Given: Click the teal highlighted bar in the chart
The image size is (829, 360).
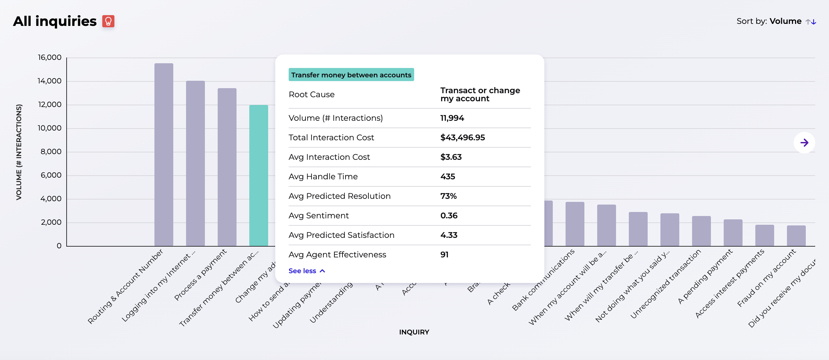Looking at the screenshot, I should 258,175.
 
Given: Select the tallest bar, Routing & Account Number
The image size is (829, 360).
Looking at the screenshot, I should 164,155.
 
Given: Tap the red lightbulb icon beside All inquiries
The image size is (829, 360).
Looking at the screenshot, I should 108,21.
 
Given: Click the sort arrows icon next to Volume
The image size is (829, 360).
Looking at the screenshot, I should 811,22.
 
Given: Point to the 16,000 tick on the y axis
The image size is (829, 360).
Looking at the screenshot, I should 49,58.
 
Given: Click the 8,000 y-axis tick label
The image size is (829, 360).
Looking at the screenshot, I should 51,152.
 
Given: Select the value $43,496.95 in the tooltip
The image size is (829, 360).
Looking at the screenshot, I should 462,138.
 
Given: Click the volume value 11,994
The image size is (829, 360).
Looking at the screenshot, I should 452,118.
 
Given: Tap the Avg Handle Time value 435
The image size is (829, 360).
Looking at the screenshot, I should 447,177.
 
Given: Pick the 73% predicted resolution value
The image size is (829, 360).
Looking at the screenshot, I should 448,196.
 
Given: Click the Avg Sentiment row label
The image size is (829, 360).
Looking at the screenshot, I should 318,216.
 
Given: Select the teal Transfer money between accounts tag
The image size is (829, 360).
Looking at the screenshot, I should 351,75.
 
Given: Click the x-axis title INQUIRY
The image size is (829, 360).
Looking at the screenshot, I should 414,332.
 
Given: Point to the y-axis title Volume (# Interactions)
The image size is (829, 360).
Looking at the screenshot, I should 19,152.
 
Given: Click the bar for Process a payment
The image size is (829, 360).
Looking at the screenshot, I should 227,167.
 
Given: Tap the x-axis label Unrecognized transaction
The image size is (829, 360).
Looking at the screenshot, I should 665,285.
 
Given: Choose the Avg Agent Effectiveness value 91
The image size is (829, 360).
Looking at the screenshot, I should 444,255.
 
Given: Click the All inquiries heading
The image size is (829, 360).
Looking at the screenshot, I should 55,21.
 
